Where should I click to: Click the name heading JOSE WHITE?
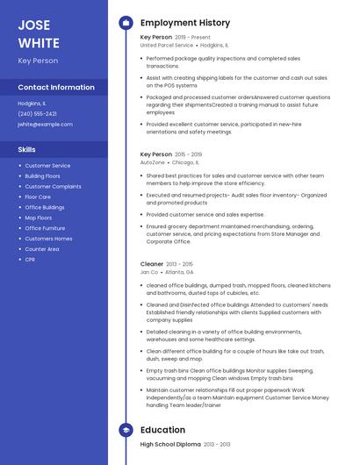(39, 32)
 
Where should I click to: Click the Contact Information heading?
(56, 88)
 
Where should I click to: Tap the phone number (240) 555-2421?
(37, 114)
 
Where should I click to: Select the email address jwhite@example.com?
(45, 125)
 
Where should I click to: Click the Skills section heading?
(27, 149)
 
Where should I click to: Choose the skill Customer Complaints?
(53, 186)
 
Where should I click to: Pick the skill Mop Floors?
(39, 218)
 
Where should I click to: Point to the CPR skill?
(31, 260)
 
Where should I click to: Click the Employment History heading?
(185, 23)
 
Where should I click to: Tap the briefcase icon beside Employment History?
(126, 23)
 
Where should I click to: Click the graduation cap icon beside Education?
(126, 430)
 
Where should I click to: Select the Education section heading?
(162, 430)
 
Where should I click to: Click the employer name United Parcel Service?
(167, 45)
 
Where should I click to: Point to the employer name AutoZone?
(152, 162)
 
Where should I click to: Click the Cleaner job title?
(151, 263)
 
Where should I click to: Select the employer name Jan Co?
(149, 272)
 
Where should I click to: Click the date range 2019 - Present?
(193, 38)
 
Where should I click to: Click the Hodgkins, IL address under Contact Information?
(34, 104)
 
